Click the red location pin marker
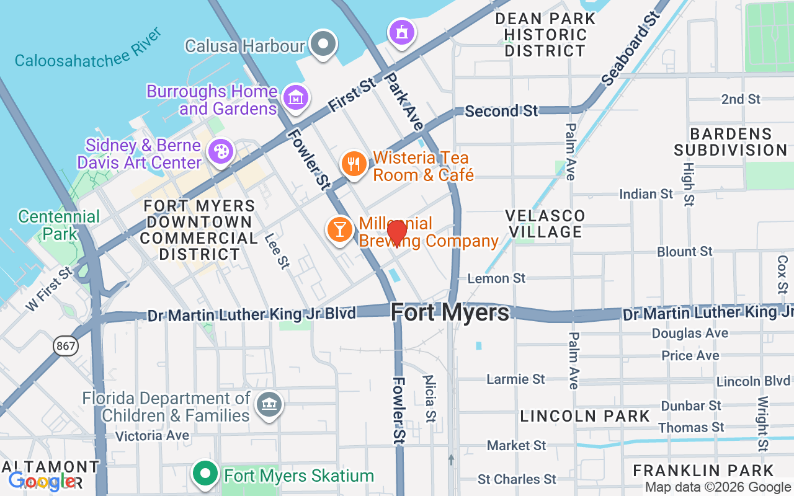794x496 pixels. coord(397,233)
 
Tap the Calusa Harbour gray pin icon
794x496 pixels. coord(323,44)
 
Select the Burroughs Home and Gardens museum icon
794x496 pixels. coord(295,97)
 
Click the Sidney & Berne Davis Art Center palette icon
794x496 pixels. coord(220,151)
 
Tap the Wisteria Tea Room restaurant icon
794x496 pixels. coord(354,164)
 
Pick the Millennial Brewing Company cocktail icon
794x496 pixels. coord(339,229)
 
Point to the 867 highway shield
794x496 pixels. coord(65,346)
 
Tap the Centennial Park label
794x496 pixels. coord(59,225)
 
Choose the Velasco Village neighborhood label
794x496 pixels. coord(545,224)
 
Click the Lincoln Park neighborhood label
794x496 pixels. coord(585,416)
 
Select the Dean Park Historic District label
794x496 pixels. coord(545,35)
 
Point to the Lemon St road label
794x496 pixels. coord(497,278)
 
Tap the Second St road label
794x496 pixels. coord(501,111)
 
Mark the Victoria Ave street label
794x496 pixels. coord(153,436)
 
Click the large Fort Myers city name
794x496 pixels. coord(450,312)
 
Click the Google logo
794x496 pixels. coord(42,481)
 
